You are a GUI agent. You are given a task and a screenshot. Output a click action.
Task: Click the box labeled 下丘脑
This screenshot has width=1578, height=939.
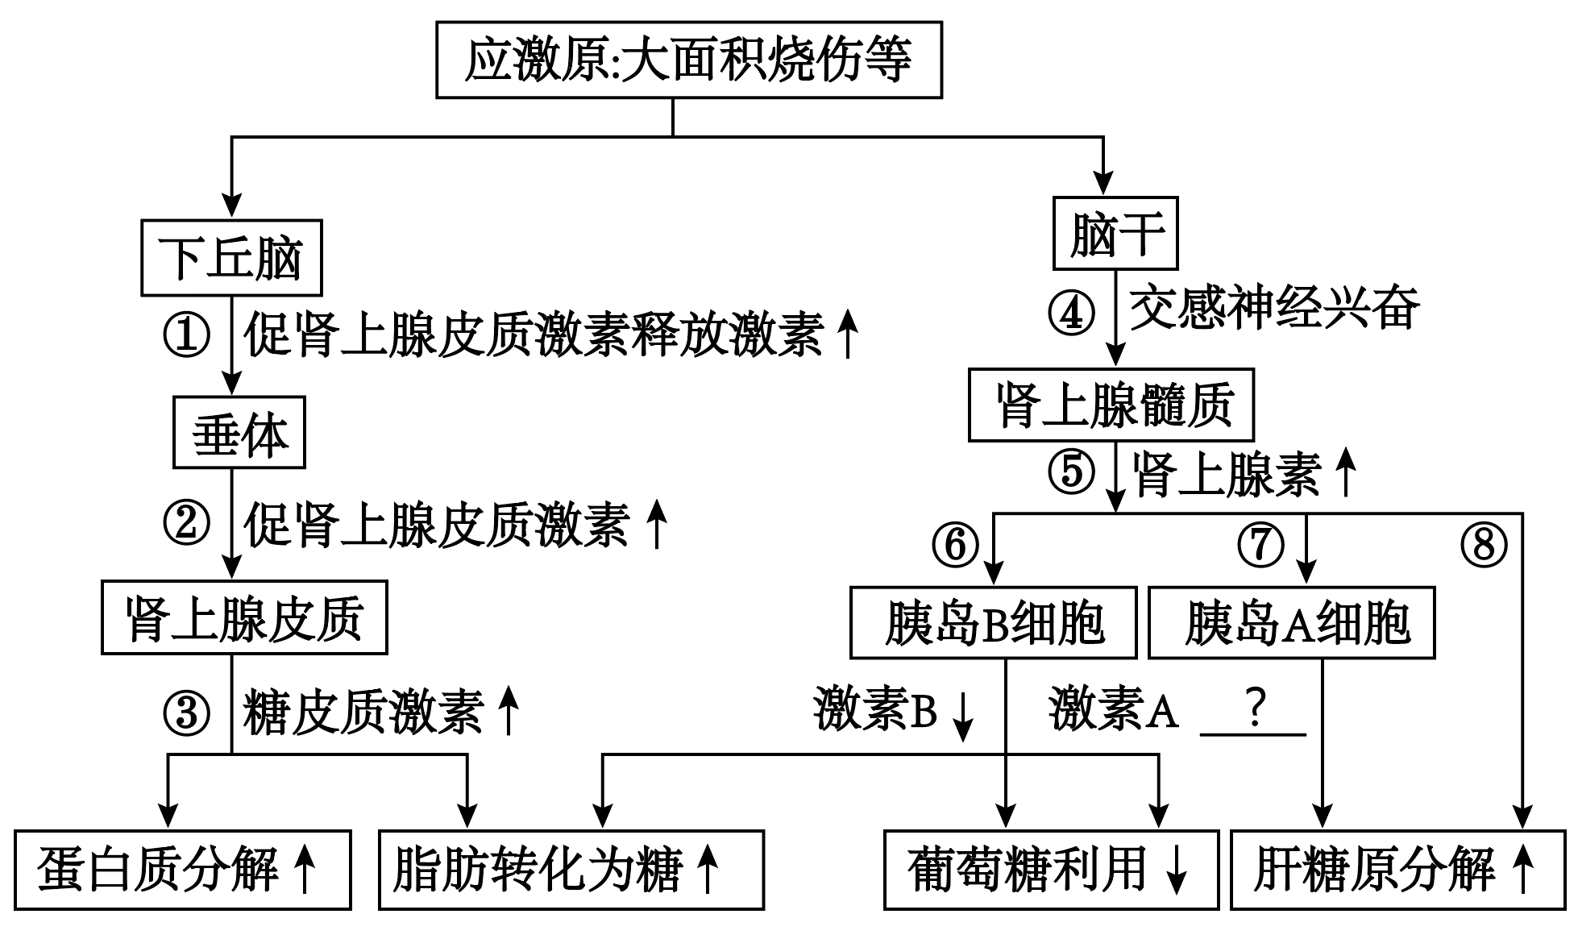(231, 258)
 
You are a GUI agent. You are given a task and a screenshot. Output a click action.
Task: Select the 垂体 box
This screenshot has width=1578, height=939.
(239, 433)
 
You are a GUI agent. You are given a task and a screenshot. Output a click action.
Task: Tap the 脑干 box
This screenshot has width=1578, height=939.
(1115, 234)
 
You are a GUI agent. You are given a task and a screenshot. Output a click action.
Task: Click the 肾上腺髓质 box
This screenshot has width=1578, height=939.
(1111, 405)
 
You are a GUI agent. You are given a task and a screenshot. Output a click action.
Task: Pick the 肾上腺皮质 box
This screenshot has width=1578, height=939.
(244, 617)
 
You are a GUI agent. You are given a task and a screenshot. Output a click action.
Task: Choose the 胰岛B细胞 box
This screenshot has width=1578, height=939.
(993, 623)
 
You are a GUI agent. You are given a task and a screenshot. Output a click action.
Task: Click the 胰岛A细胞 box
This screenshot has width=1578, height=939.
(1291, 623)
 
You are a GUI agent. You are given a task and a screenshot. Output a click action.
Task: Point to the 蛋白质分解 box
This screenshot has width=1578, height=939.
(183, 870)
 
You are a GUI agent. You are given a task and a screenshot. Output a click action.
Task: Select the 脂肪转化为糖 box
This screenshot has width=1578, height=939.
(571, 870)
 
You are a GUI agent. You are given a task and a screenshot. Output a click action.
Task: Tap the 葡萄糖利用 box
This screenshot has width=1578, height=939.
(1051, 870)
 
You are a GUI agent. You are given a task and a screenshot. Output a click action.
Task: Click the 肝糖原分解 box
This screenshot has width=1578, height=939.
(1397, 870)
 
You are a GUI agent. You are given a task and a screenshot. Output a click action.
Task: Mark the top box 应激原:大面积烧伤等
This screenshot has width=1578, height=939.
(689, 60)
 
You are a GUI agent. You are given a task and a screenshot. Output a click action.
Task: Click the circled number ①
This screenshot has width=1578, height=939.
(186, 335)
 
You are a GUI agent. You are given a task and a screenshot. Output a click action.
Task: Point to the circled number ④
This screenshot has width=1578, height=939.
(1071, 313)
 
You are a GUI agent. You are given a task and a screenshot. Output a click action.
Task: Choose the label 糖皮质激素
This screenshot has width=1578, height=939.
(363, 713)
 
